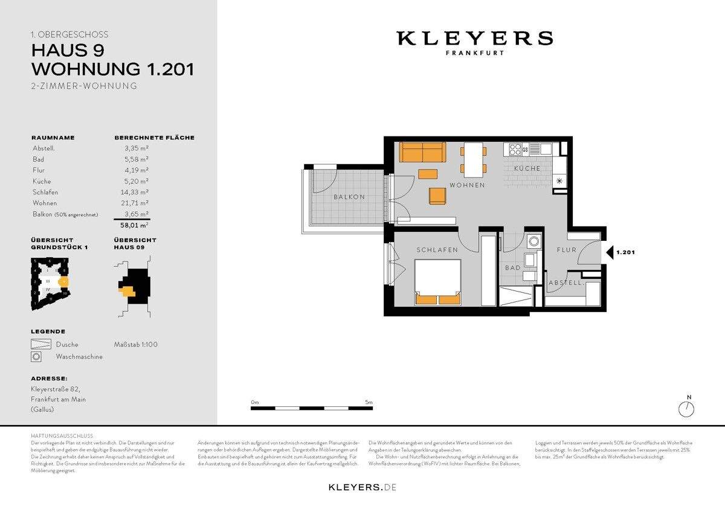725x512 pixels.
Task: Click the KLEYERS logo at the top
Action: pyautogui.click(x=474, y=39)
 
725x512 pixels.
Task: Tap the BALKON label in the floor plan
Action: pyautogui.click(x=349, y=197)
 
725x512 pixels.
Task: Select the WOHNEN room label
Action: pyautogui.click(x=466, y=185)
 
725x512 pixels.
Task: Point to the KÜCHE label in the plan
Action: pyautogui.click(x=527, y=168)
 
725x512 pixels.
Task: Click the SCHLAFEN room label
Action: pyautogui.click(x=437, y=250)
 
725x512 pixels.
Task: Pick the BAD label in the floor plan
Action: pyautogui.click(x=512, y=267)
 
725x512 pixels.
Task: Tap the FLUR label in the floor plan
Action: pyautogui.click(x=567, y=250)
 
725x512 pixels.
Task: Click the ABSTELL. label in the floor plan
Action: pyautogui.click(x=565, y=283)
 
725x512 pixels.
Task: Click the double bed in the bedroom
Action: pyautogui.click(x=438, y=282)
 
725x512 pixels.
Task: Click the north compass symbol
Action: pyautogui.click(x=686, y=409)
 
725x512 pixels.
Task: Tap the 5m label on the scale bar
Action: pyautogui.click(x=369, y=402)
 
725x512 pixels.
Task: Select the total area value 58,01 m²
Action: pyautogui.click(x=134, y=225)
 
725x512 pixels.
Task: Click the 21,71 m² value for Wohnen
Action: pyautogui.click(x=137, y=203)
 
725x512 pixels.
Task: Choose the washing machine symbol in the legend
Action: pyautogui.click(x=37, y=357)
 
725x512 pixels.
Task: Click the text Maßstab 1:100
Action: pyautogui.click(x=135, y=345)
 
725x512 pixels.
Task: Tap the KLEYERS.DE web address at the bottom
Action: pyautogui.click(x=362, y=487)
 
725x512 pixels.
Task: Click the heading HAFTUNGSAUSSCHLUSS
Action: pyautogui.click(x=62, y=435)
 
